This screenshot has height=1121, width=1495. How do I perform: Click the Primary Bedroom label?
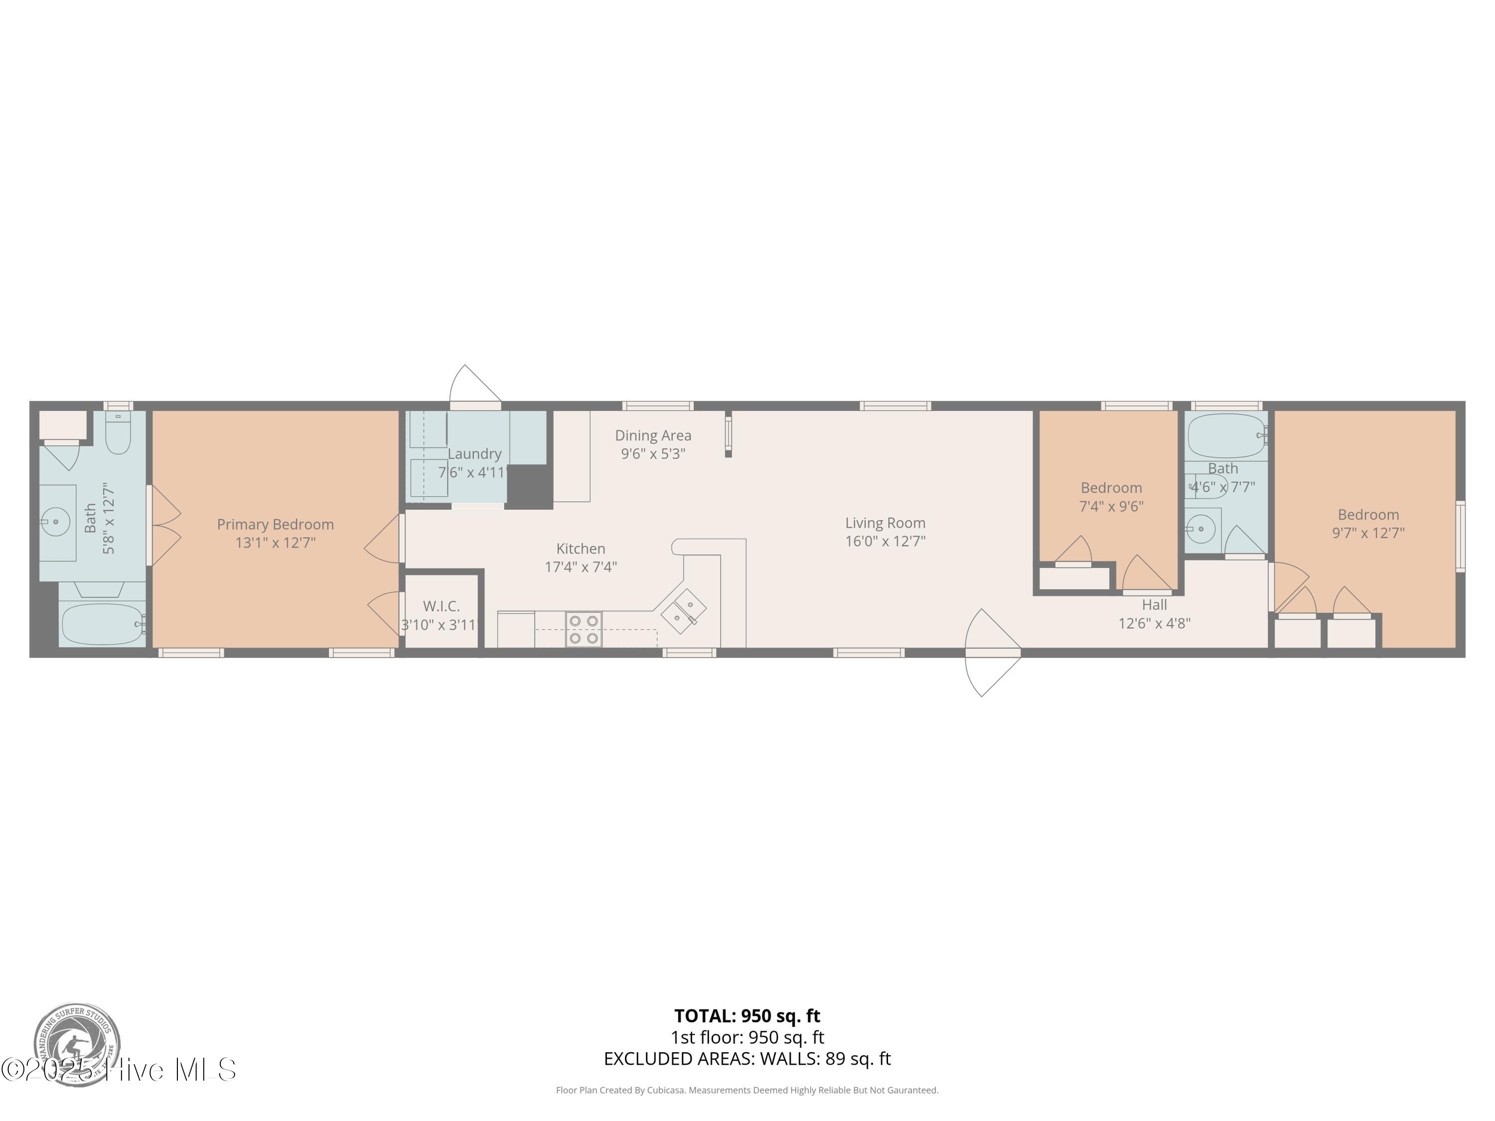point(275,524)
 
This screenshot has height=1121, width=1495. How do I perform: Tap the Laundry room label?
point(474,454)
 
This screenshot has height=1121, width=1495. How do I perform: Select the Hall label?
point(1154,605)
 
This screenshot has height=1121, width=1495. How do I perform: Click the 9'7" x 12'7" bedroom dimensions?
point(1368,533)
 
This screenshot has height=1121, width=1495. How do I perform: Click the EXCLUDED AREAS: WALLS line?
point(747,1059)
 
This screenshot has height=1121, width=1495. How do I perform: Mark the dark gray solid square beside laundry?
point(529,486)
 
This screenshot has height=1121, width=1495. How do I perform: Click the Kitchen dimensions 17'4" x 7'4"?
point(581,567)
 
